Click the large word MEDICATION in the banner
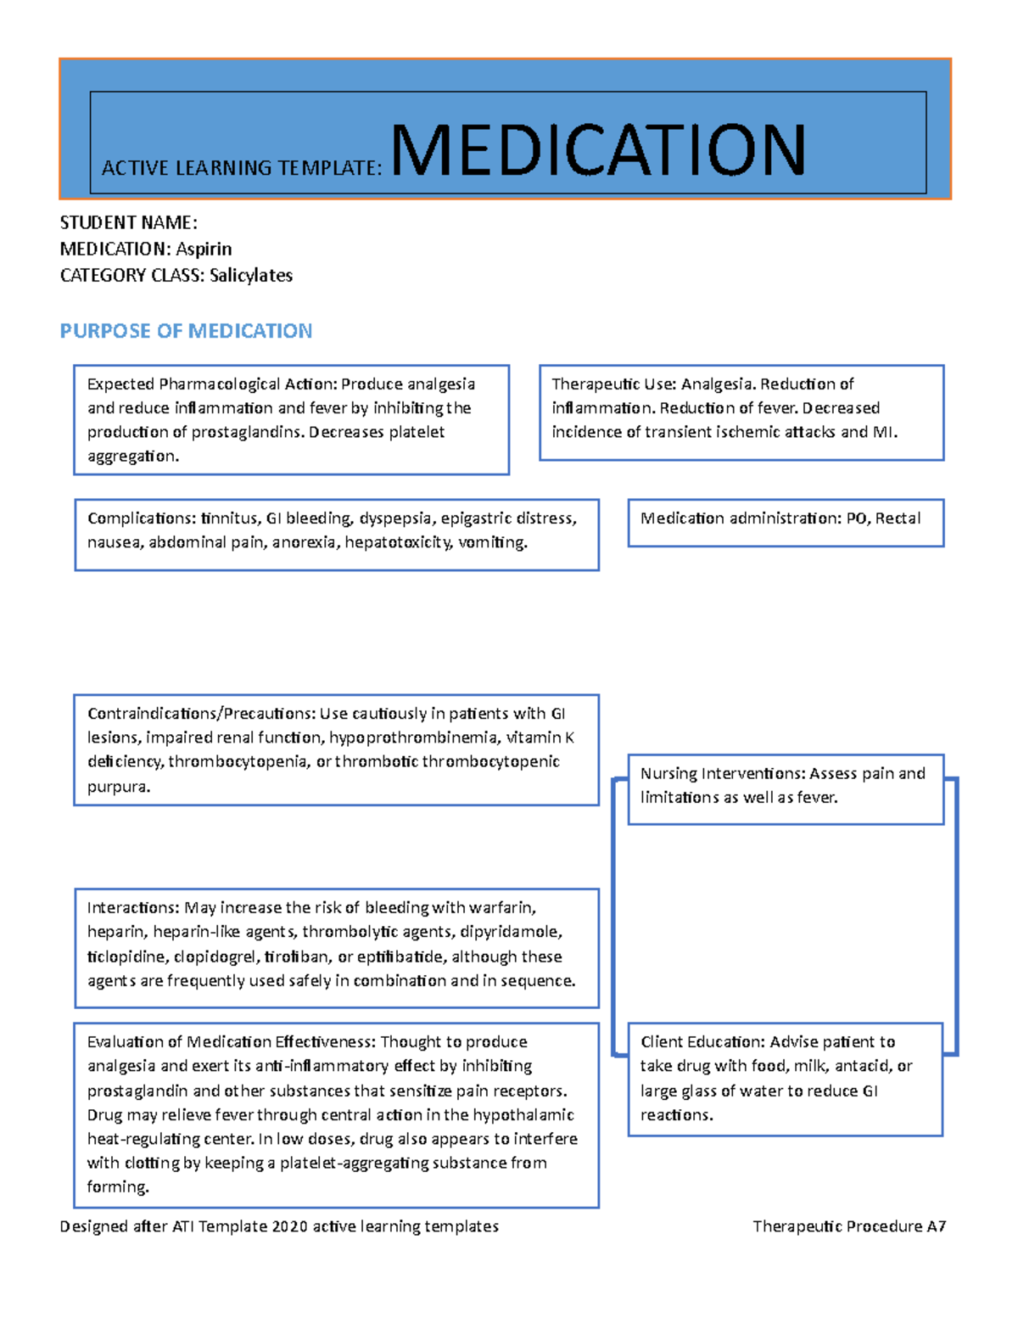click(x=598, y=150)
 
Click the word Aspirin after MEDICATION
click(x=204, y=249)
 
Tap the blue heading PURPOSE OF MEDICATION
click(x=186, y=331)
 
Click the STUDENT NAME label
click(x=128, y=222)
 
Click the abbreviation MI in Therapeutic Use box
click(x=883, y=432)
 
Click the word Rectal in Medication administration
click(x=898, y=519)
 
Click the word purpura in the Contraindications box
click(x=117, y=787)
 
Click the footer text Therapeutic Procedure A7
click(x=848, y=1226)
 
